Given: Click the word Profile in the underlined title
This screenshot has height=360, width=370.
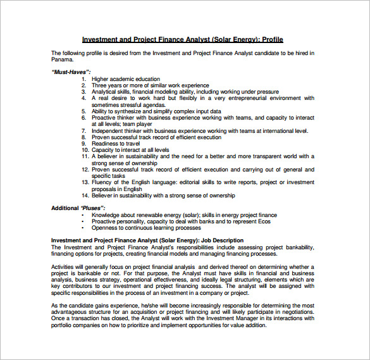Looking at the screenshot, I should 273,39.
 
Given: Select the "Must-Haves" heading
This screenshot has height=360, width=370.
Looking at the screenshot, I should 71,72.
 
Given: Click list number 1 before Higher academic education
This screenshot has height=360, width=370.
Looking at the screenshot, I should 84,79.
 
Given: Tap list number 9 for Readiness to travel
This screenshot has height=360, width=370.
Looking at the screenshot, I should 84,144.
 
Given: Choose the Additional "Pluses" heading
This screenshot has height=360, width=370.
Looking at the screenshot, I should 78,208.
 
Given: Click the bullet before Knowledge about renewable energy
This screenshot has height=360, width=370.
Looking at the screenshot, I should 83,215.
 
